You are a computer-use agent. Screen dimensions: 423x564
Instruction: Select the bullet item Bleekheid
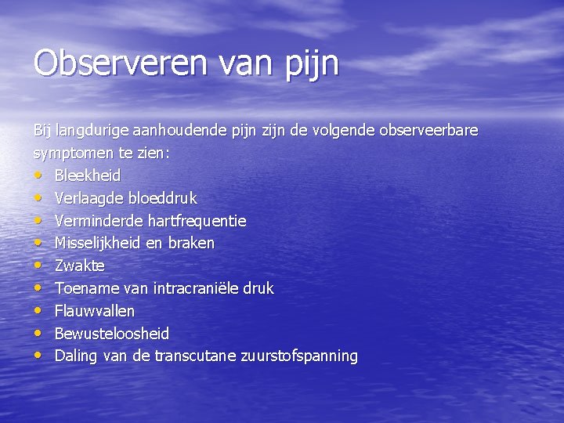point(87,175)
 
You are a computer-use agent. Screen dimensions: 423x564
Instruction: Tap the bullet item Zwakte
point(79,266)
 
